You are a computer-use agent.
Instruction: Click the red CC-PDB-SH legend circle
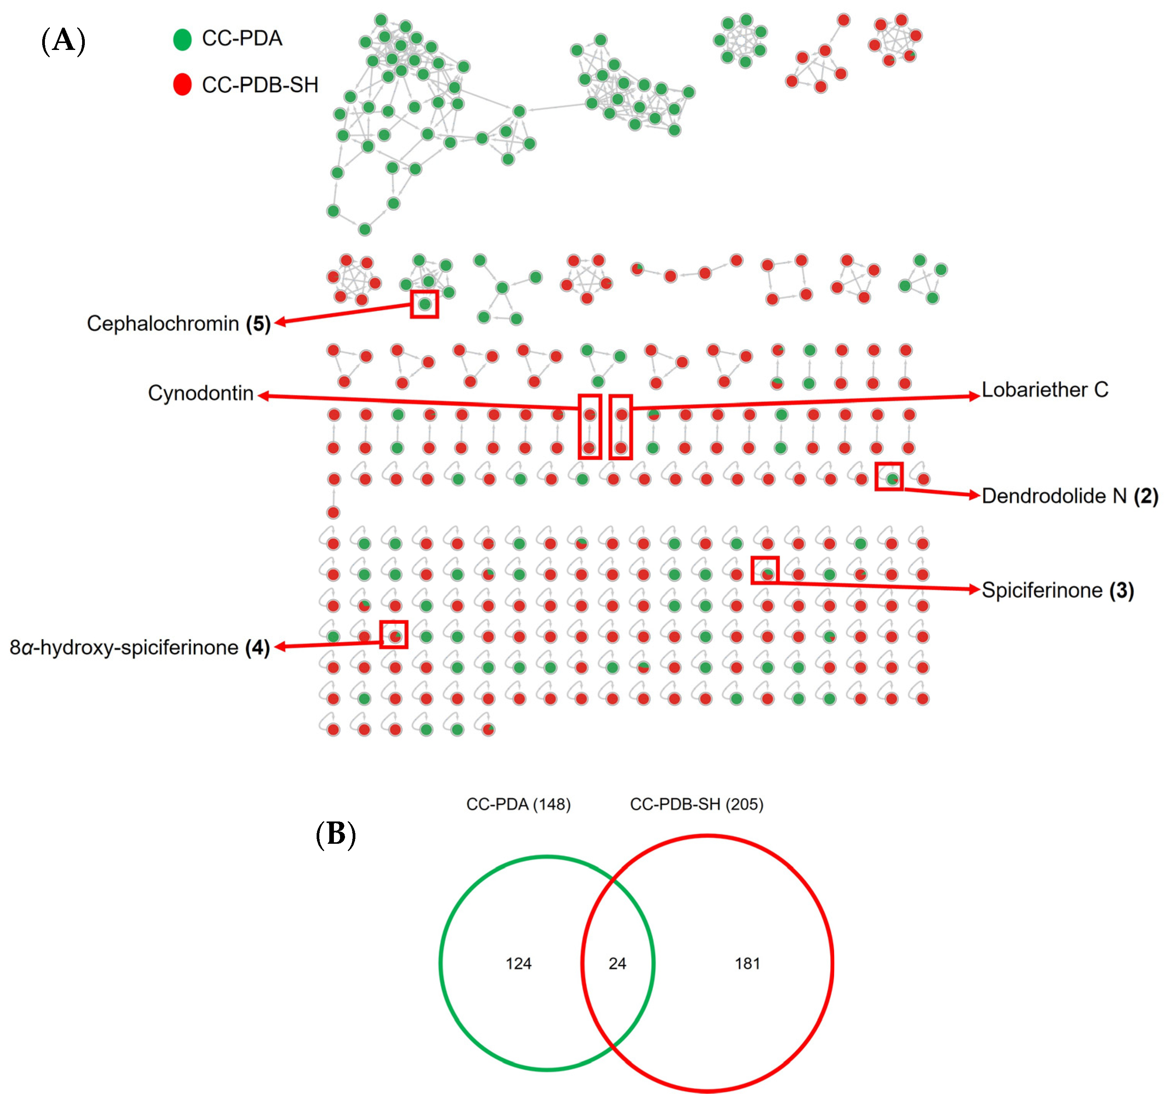[x=182, y=84]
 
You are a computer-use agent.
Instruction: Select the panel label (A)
[x=63, y=41]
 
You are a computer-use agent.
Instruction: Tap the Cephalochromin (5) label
[x=178, y=323]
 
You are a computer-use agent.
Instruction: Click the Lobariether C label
[x=1045, y=390]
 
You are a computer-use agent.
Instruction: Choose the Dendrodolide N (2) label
[x=1070, y=496]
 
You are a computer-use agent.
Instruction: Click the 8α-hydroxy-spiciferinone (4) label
[x=140, y=648]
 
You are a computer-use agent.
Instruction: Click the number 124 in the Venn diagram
[x=518, y=963]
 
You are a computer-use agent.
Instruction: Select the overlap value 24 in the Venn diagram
[x=617, y=963]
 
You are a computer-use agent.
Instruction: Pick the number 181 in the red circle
[x=747, y=963]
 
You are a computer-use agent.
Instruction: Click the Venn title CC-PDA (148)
[x=518, y=804]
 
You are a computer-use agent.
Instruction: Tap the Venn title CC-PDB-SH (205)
[x=696, y=804]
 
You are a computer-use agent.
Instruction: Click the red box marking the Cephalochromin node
[x=424, y=304]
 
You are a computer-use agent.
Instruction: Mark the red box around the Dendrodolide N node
[x=889, y=476]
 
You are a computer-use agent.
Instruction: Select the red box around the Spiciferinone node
[x=765, y=570]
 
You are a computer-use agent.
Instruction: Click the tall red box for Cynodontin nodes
[x=590, y=426]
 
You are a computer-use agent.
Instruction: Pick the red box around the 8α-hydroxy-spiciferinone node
[x=394, y=634]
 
